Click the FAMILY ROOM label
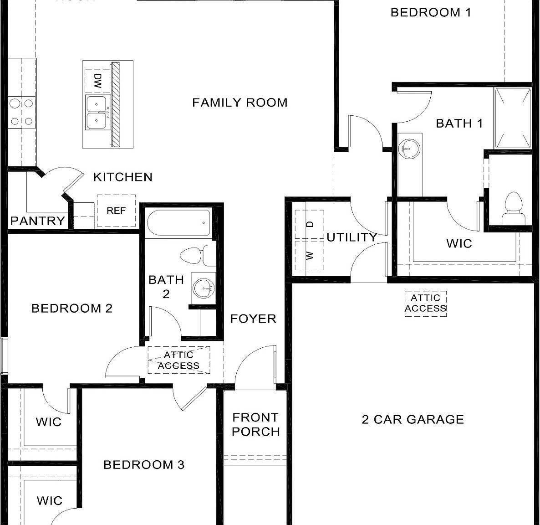239,103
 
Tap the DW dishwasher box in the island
97,81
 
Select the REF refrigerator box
116,211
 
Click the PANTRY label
37,221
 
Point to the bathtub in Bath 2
179,223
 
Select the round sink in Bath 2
203,288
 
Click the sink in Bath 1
409,147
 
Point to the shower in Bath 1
513,118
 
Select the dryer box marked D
309,224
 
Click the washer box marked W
309,255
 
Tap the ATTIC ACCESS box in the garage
426,304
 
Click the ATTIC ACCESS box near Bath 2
179,360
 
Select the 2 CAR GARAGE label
413,419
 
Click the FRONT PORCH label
255,424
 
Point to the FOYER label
253,319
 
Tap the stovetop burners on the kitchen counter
21,112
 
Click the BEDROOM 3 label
143,464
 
